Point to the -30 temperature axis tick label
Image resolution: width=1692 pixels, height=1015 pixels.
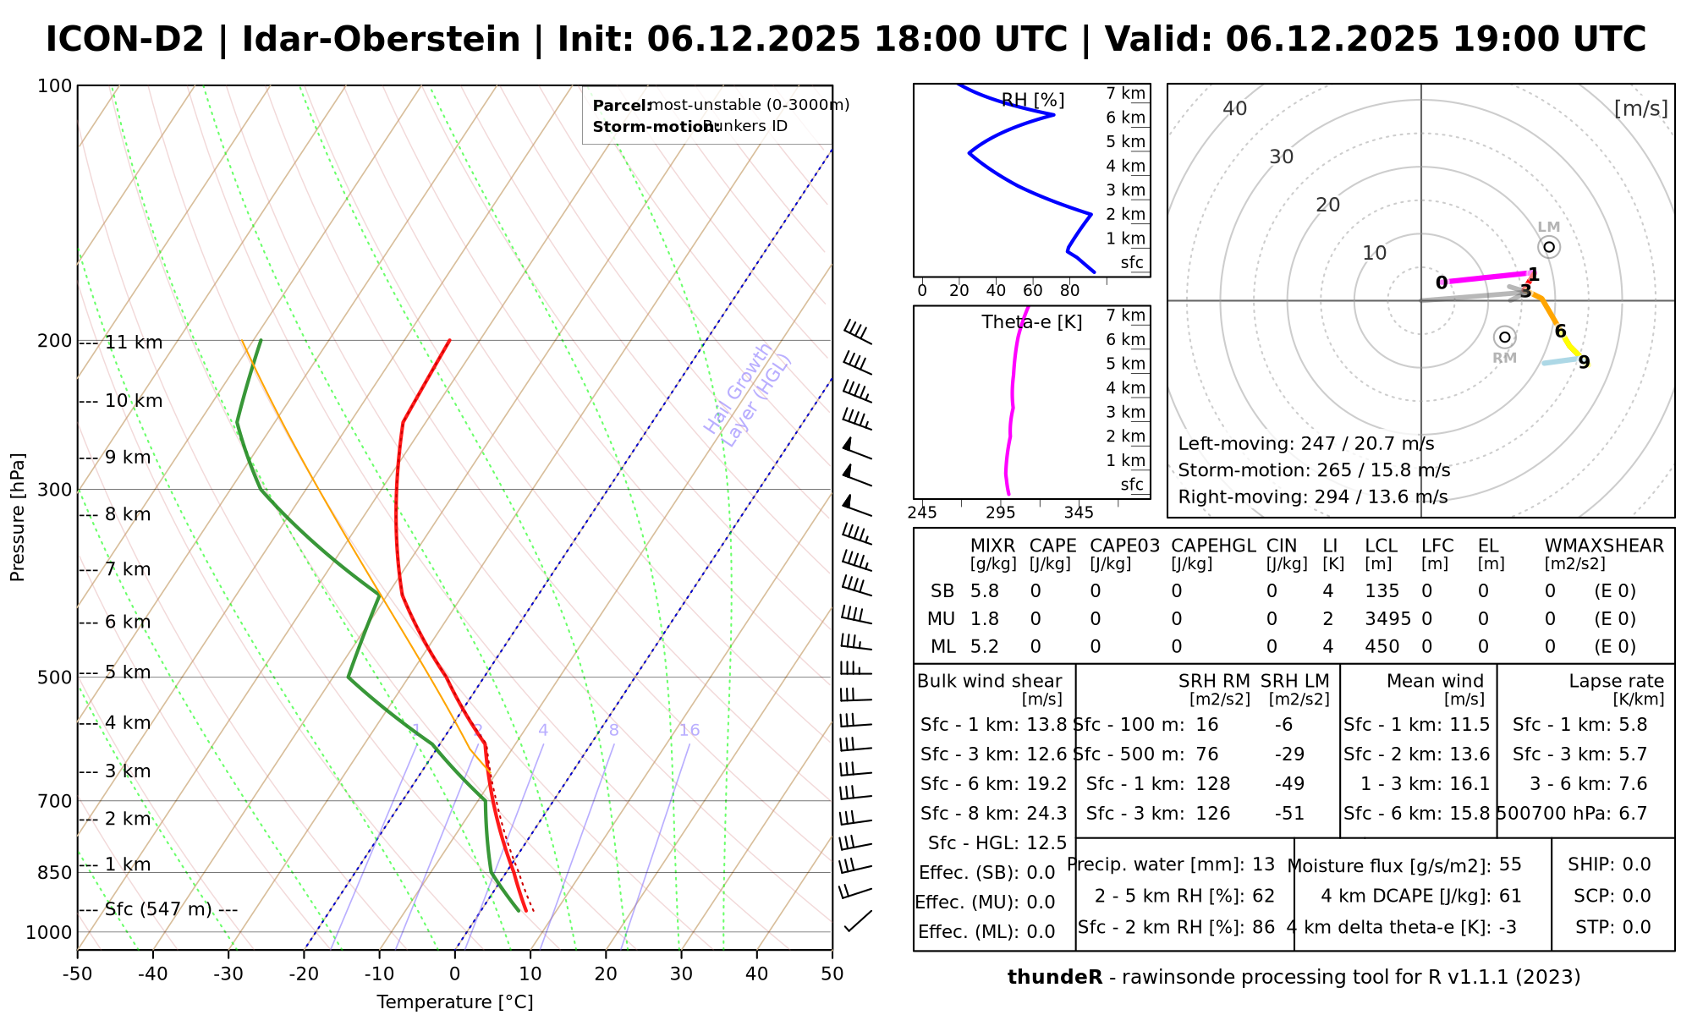[x=228, y=974]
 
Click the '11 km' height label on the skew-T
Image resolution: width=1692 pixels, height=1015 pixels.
[x=134, y=343]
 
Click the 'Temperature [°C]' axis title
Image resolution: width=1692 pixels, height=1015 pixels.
[x=455, y=1002]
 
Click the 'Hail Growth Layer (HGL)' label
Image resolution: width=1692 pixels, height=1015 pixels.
[x=748, y=394]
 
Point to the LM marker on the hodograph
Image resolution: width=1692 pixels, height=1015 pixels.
[x=1549, y=247]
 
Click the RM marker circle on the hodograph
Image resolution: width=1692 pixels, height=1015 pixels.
[x=1504, y=337]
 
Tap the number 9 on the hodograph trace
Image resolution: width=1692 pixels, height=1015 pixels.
[x=1584, y=363]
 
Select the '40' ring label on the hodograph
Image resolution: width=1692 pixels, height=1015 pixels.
[x=1235, y=108]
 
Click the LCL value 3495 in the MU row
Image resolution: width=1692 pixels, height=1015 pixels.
[x=1387, y=619]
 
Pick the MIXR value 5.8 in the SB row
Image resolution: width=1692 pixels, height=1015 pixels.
[x=986, y=591]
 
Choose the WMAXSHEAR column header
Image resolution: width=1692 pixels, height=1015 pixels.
[x=1604, y=546]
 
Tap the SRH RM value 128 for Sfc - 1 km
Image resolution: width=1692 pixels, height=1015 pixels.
[x=1212, y=784]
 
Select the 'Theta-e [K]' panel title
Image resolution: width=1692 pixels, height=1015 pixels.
[x=1031, y=322]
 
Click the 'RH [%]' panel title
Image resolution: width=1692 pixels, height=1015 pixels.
[x=1033, y=101]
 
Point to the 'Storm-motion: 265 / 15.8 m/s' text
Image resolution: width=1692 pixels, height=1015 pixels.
[x=1314, y=470]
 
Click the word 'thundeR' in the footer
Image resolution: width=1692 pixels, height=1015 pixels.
[x=1055, y=978]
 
